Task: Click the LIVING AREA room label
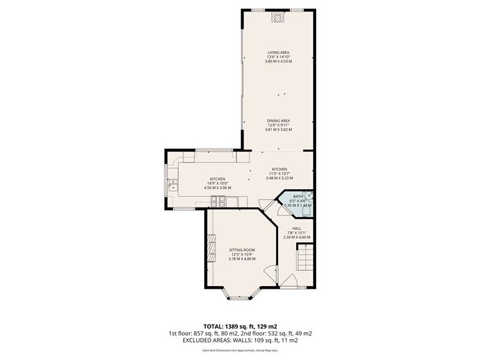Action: coord(278,52)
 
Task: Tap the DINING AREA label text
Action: coord(278,121)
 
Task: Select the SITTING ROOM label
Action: coord(241,250)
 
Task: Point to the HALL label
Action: coord(296,228)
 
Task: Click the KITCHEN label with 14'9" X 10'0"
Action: coord(218,179)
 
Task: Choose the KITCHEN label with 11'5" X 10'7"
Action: coord(280,169)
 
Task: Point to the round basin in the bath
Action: coord(308,195)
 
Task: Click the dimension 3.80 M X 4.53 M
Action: coord(278,61)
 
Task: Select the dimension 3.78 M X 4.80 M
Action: coord(241,259)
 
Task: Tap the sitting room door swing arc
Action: coord(267,274)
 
